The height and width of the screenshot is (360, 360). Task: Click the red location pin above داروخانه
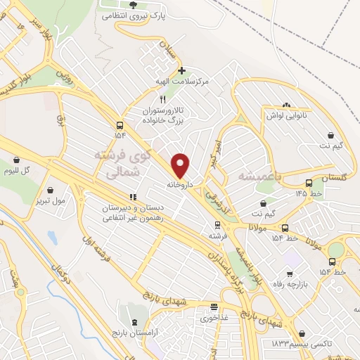coord(181,165)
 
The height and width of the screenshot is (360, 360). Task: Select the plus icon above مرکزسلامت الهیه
coord(182,70)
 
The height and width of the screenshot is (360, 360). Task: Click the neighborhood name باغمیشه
coord(259,175)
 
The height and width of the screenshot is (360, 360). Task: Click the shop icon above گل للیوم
coord(27,160)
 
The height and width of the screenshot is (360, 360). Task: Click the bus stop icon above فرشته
coord(217,225)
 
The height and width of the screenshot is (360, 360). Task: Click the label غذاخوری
coord(214,318)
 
